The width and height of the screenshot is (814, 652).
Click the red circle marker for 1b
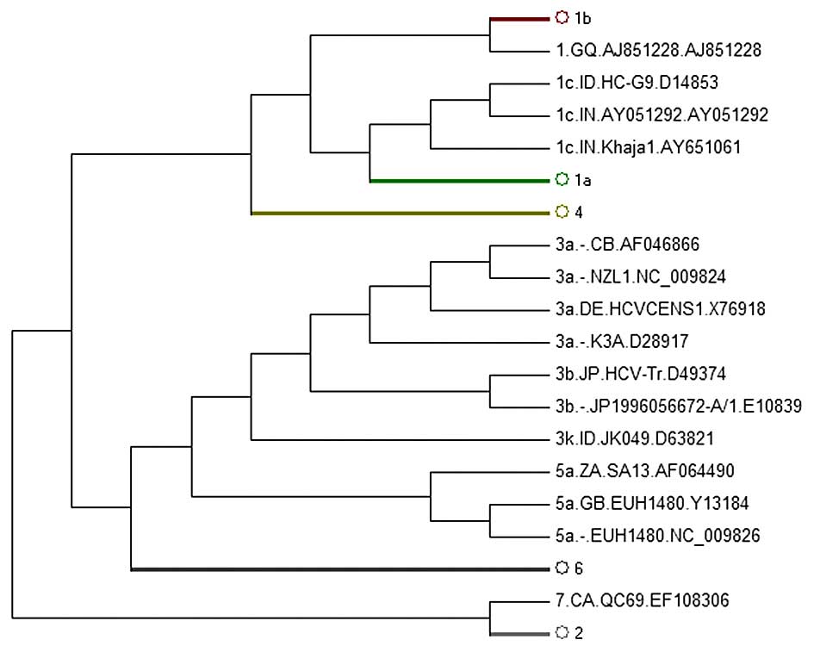point(562,16)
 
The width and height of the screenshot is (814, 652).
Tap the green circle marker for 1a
point(562,179)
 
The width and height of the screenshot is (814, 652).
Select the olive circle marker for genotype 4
point(562,211)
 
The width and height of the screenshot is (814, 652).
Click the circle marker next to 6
point(562,568)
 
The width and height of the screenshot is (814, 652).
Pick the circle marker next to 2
point(562,633)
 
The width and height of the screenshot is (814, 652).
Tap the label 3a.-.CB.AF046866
point(627,245)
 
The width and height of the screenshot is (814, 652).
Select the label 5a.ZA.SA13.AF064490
point(645,471)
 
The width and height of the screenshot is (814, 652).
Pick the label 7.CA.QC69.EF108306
point(643,600)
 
